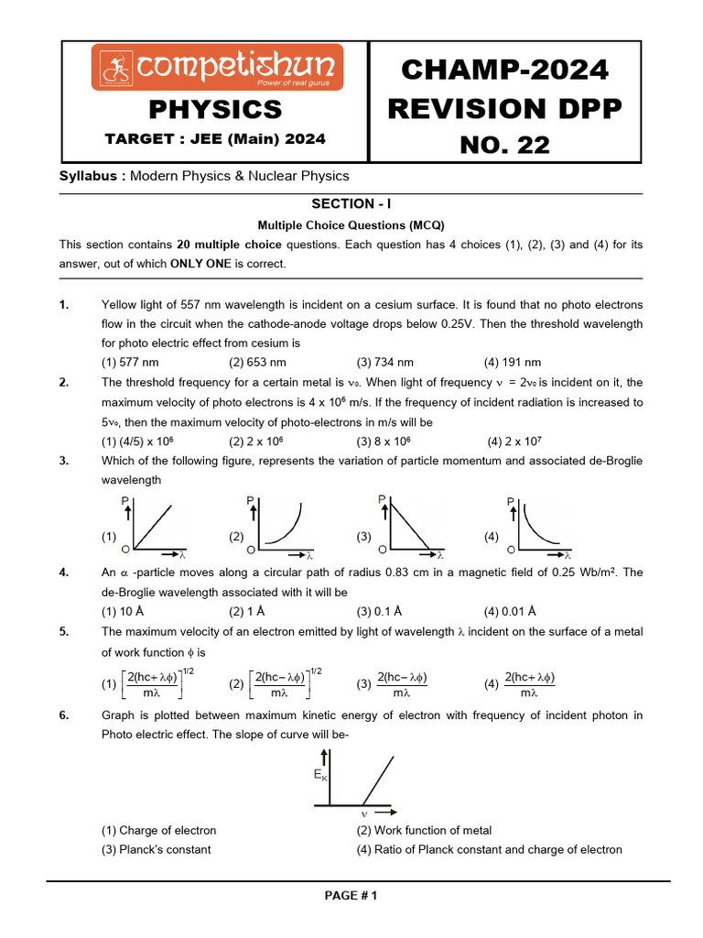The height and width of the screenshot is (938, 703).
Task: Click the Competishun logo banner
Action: click(217, 67)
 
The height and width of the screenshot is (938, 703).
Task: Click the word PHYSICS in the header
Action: click(215, 110)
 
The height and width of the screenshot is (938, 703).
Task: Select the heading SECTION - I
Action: click(351, 204)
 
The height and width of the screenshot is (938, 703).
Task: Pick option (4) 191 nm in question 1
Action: click(512, 362)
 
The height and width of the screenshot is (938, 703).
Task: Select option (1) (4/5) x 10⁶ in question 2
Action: click(134, 441)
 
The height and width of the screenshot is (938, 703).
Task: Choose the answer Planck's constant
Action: click(156, 849)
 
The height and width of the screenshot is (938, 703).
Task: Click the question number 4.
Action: click(63, 573)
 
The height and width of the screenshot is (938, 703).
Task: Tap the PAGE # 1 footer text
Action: click(351, 896)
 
